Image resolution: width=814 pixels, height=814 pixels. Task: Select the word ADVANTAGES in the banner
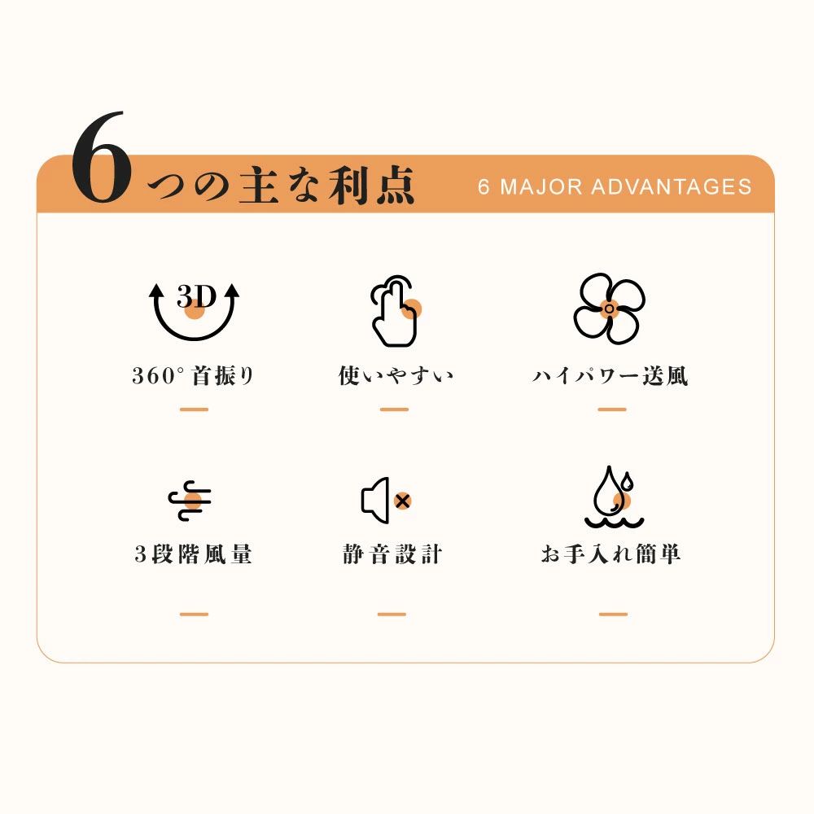pos(672,187)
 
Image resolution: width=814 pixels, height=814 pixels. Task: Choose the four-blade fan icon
pos(609,309)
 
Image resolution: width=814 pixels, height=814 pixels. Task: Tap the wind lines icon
pos(190,501)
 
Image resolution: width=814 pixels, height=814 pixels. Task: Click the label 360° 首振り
pos(193,375)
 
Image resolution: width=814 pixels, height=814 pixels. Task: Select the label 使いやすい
pos(396,375)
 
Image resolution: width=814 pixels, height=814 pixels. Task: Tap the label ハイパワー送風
pos(610,375)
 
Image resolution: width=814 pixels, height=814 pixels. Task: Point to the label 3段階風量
pos(193,554)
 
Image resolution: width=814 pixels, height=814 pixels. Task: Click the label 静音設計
pos(392,554)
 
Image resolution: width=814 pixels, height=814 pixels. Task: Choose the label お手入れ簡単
pos(610,554)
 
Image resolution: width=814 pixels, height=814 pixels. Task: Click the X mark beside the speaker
pos(402,501)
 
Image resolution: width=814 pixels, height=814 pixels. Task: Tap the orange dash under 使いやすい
pos(394,409)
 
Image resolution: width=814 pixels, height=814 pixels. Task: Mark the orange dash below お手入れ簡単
pos(613,614)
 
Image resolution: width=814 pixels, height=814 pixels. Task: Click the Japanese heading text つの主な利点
pos(281,186)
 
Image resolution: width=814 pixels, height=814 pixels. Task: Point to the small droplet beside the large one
pos(628,481)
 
